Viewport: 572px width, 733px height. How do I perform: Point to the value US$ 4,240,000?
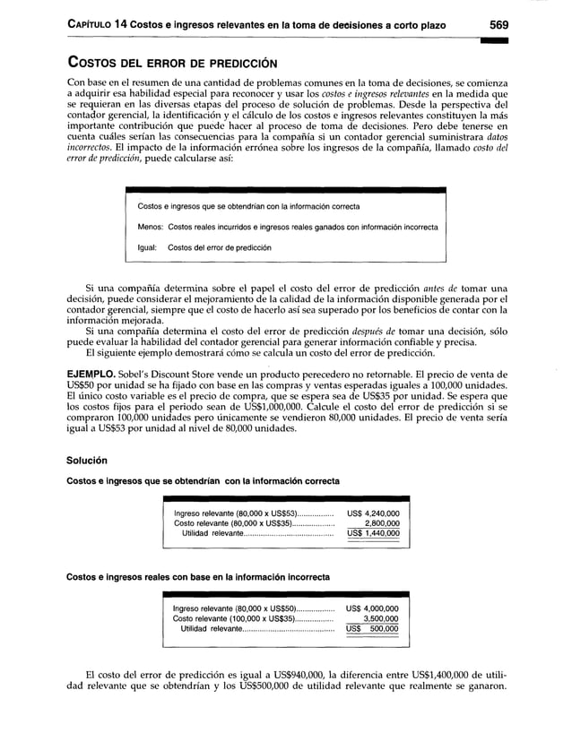(373, 513)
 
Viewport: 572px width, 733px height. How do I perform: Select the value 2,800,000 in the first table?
(380, 523)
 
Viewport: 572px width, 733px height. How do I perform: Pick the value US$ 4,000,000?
(372, 608)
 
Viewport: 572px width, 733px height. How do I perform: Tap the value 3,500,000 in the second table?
(379, 619)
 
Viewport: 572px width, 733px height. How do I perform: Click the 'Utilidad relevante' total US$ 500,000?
(372, 630)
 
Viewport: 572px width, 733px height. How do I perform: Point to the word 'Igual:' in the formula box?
(148, 246)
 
